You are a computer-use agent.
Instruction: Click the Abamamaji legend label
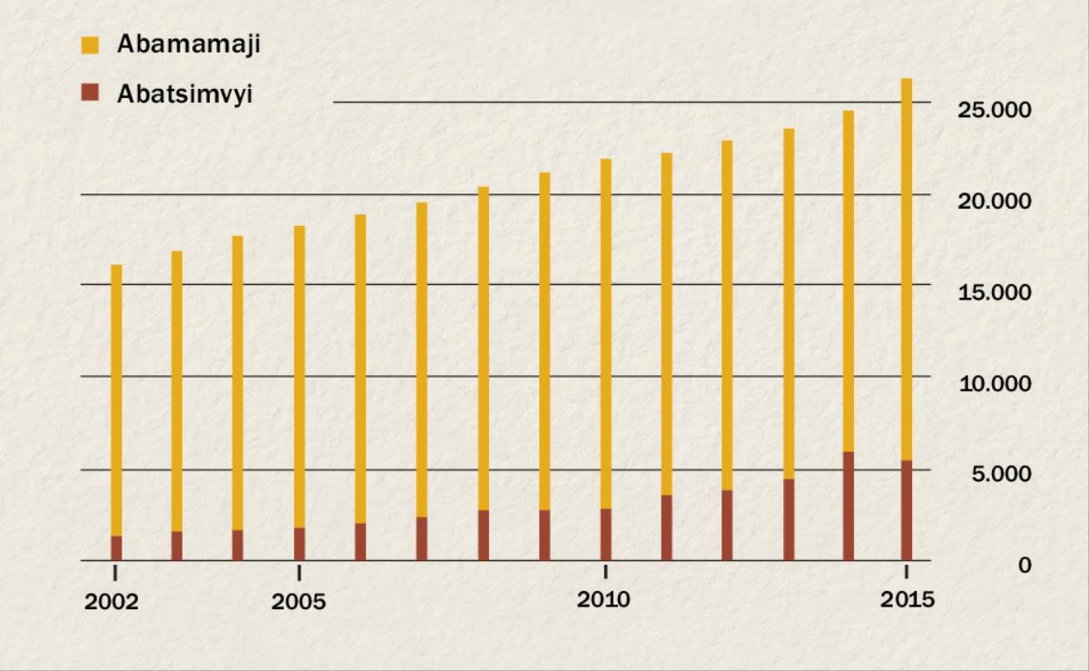188,44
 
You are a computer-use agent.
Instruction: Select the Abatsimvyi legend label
183,94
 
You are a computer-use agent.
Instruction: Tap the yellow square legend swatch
88,44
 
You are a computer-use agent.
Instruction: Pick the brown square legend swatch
88,93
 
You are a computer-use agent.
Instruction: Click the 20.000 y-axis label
995,201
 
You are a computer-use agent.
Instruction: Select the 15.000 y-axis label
995,292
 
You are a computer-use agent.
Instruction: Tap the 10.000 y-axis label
995,383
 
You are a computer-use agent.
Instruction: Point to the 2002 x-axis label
113,602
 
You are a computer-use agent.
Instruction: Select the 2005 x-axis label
298,602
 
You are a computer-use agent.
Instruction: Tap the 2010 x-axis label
604,600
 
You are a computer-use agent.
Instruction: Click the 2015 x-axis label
906,600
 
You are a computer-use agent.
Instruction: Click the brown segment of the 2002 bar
116,548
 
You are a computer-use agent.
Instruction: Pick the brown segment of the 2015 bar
907,510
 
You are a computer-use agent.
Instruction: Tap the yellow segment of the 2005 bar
299,377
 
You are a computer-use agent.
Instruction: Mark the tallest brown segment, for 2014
849,506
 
